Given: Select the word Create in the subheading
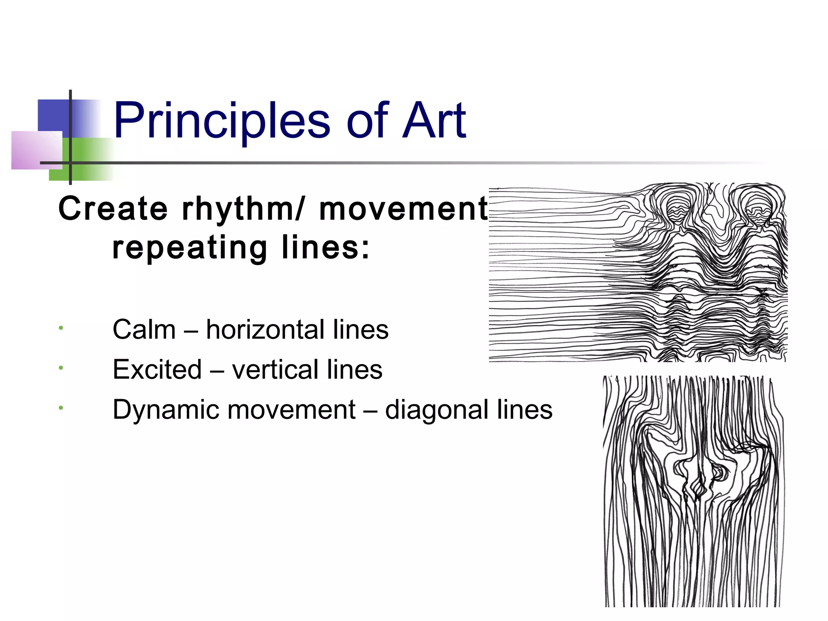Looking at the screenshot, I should coord(113,209).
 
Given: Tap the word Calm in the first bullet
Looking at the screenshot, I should coord(144,330).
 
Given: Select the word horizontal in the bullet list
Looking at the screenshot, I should coord(265,330).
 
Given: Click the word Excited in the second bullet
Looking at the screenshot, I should coord(157,370).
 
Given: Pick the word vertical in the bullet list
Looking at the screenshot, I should coord(275,370).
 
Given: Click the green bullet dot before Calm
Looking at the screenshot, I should coord(60,328).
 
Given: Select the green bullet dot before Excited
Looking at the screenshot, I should coord(60,368).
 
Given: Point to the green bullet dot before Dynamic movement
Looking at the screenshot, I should coord(60,408).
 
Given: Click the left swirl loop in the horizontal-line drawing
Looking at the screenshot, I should coord(675,206).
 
